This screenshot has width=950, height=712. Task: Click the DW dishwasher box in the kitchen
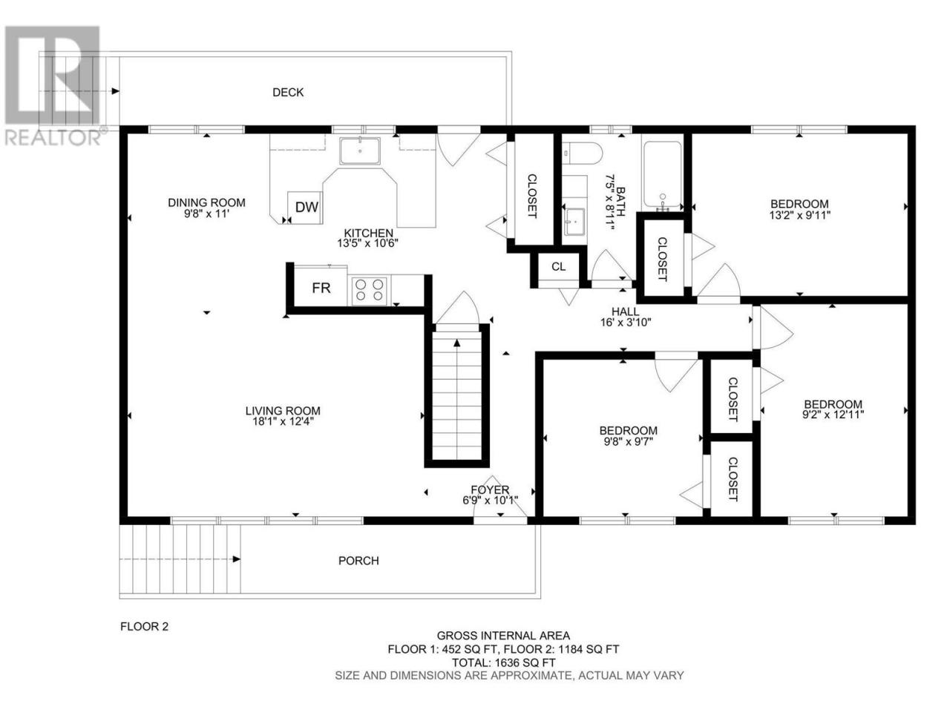(x=305, y=208)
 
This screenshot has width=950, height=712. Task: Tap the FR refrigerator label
(x=321, y=288)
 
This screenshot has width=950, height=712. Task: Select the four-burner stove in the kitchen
(x=369, y=290)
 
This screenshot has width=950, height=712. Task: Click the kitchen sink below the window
(x=360, y=151)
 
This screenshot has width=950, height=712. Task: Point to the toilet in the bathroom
(x=582, y=153)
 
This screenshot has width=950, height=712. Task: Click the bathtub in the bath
(x=662, y=174)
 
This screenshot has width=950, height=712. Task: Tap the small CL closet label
(x=558, y=267)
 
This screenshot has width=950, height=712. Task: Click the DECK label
(x=288, y=92)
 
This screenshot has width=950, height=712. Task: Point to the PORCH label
(x=358, y=561)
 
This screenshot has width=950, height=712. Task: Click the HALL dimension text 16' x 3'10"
(x=626, y=322)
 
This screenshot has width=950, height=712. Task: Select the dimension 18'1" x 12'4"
(x=283, y=421)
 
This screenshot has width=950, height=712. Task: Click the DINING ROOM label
(x=206, y=202)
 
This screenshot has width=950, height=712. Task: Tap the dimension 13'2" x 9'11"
(x=799, y=215)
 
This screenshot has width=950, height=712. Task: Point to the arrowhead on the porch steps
(x=237, y=559)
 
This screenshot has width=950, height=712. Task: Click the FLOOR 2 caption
(x=144, y=627)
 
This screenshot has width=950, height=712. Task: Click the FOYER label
(x=490, y=489)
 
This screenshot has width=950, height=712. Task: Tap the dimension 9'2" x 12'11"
(x=833, y=415)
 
